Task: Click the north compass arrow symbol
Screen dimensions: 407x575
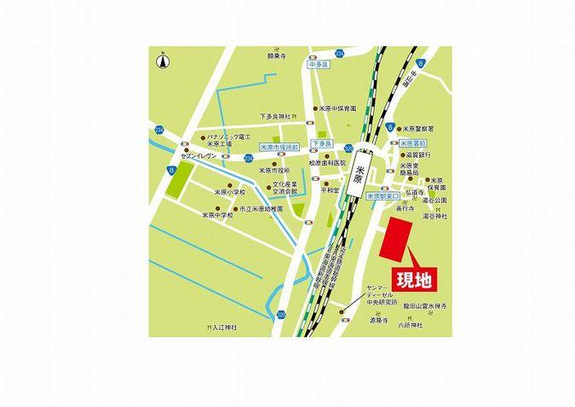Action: [162, 61]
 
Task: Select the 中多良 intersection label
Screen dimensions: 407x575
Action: [317, 63]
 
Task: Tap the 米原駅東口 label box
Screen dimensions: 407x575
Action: [381, 195]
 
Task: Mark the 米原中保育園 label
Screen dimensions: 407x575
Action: [336, 109]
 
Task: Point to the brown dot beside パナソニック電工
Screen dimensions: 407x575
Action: [201, 137]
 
